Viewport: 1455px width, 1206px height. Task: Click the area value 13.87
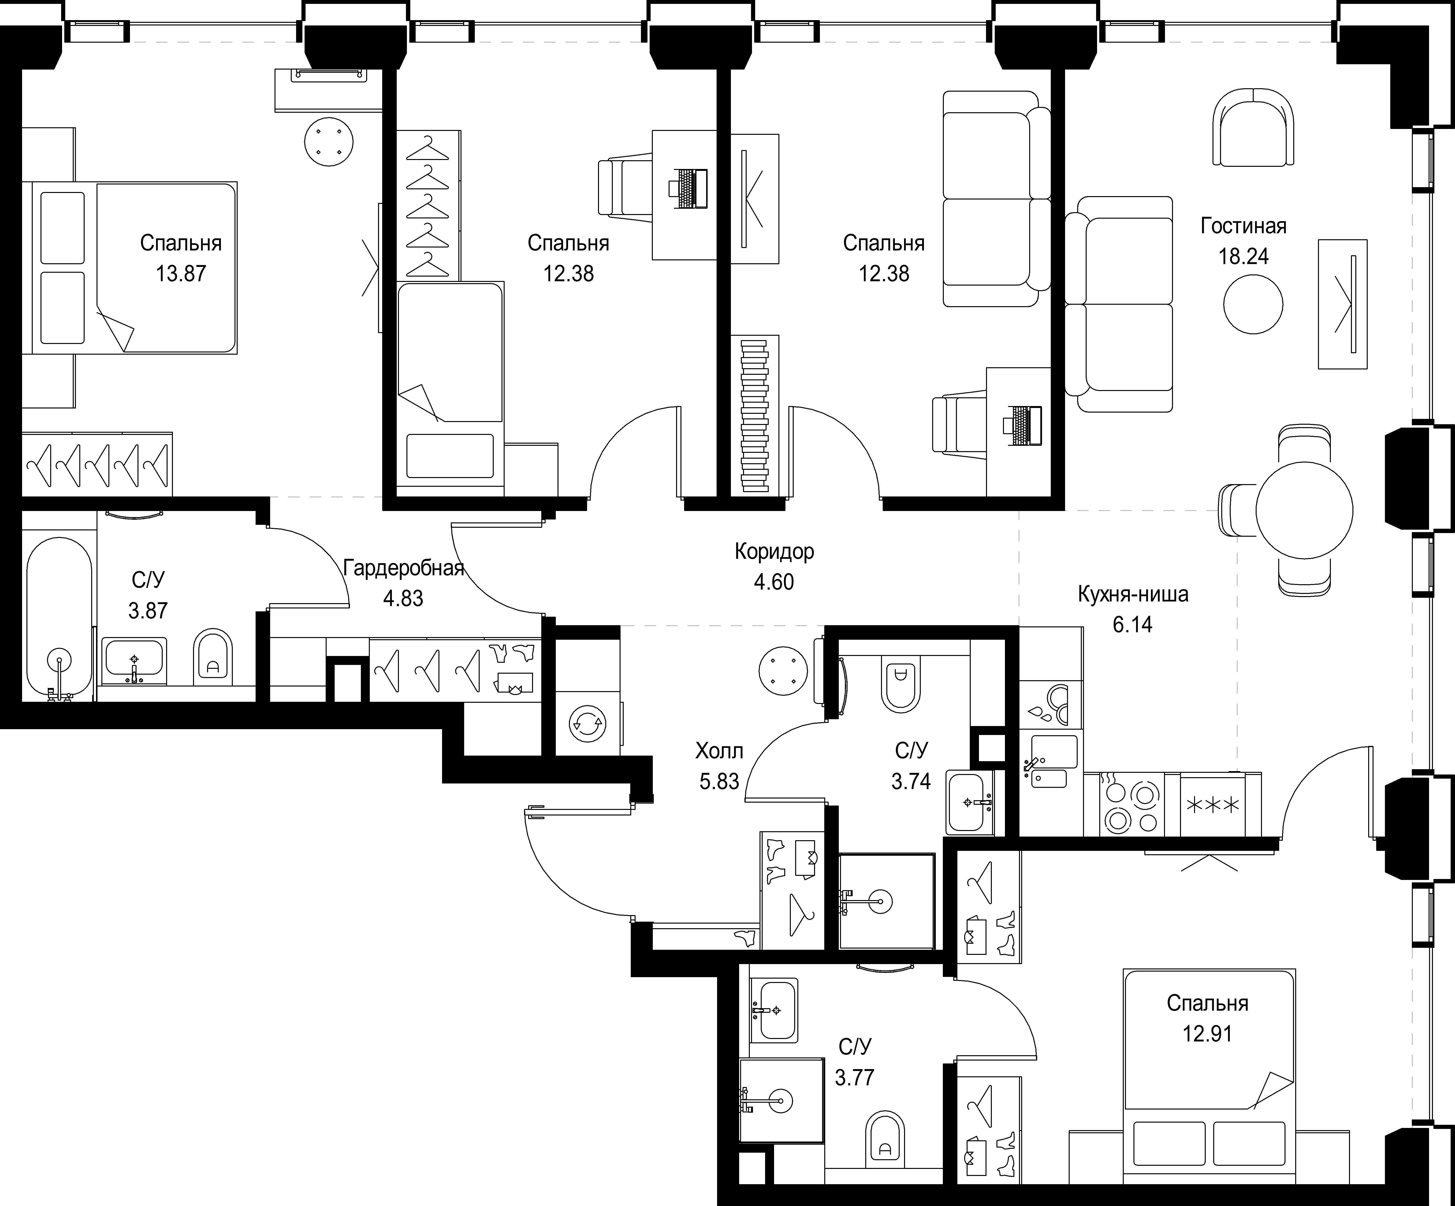[181, 274]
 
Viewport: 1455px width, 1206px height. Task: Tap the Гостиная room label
[1244, 226]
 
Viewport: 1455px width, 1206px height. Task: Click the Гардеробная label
[403, 569]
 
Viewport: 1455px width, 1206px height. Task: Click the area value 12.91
[1208, 1033]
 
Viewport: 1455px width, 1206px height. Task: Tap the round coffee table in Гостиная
[1253, 304]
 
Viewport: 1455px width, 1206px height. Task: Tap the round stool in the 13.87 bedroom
[329, 141]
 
